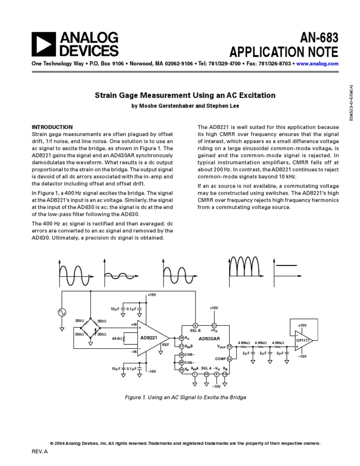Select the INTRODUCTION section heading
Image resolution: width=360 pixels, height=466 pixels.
coord(52,127)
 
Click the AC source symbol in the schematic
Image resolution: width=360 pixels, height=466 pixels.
coord(62,313)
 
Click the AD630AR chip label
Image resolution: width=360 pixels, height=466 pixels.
coord(209,338)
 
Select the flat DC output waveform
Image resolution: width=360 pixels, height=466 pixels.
coord(291,266)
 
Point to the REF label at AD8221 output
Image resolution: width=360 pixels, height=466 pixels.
coord(165,345)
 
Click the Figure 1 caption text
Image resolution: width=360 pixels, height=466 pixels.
coord(185,397)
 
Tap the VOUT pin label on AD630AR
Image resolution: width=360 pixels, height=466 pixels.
coord(222,346)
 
